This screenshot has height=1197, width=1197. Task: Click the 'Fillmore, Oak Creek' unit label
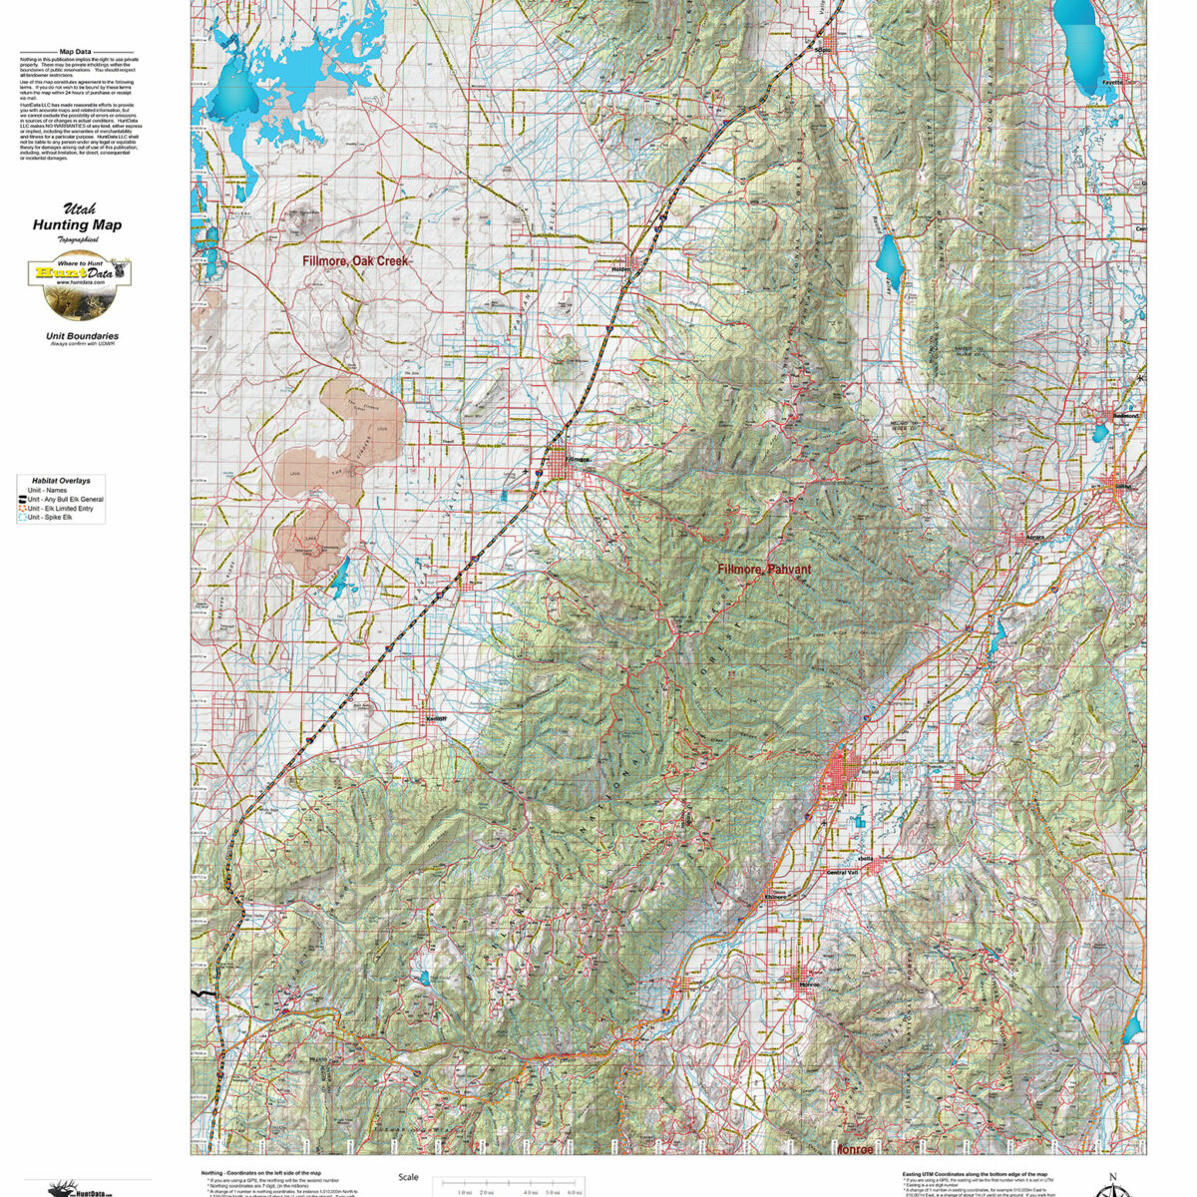click(357, 260)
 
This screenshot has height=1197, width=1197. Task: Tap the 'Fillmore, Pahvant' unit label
click(764, 569)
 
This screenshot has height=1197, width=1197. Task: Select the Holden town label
click(621, 268)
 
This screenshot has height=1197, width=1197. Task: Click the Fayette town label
click(1112, 82)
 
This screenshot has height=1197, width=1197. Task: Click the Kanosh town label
click(435, 719)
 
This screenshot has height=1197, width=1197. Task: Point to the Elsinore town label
click(775, 897)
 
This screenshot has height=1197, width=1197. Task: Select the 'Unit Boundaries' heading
click(82, 336)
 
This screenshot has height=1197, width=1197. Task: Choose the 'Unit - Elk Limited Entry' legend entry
click(65, 508)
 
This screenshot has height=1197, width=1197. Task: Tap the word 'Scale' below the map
click(408, 1177)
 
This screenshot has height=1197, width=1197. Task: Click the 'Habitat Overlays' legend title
click(61, 480)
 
